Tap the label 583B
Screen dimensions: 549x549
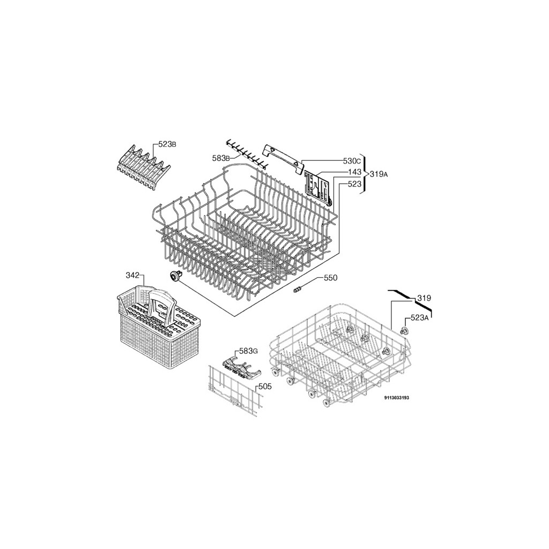[221, 158]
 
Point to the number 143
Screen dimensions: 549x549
[354, 172]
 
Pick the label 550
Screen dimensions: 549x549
[330, 278]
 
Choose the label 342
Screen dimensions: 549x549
[132, 275]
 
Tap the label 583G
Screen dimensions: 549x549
[248, 351]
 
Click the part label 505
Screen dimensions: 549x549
[265, 387]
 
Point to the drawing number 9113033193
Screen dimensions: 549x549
[397, 398]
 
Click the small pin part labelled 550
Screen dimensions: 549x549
[298, 289]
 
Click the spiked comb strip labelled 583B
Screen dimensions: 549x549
[246, 153]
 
